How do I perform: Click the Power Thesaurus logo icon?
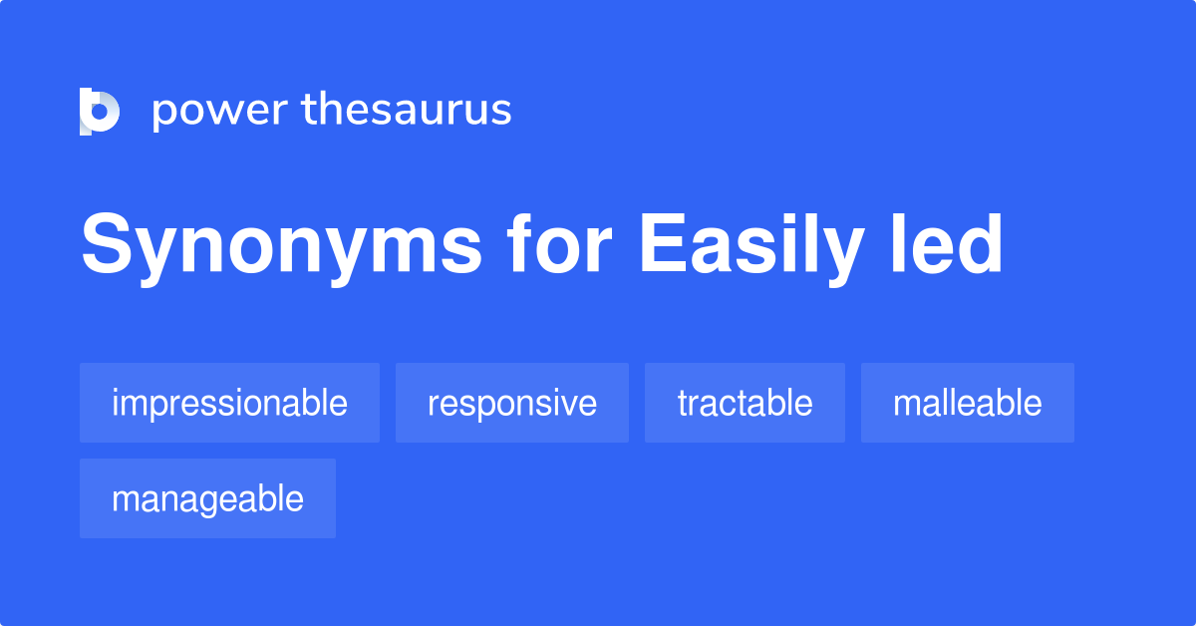pyautogui.click(x=99, y=111)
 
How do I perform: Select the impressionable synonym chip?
pyautogui.click(x=229, y=403)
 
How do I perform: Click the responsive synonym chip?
pyautogui.click(x=512, y=403)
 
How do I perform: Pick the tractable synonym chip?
pyautogui.click(x=745, y=403)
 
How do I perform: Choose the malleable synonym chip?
pyautogui.click(x=967, y=403)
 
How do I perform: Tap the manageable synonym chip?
pyautogui.click(x=207, y=498)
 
